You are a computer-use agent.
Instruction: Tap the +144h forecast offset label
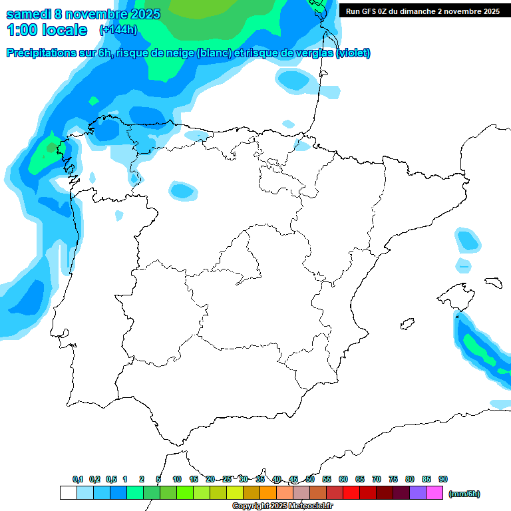[x=118, y=30]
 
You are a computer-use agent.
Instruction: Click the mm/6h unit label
[x=464, y=494]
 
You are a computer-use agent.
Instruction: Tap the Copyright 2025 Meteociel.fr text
[x=282, y=506]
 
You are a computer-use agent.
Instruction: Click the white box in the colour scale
[x=68, y=493]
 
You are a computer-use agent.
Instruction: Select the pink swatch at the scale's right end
[x=434, y=493]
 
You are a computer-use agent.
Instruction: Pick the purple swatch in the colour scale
[x=418, y=493]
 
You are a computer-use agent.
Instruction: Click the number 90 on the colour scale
[x=443, y=479]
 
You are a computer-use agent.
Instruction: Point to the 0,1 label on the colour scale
[x=78, y=479]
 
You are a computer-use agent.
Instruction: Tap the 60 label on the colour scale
[x=343, y=479]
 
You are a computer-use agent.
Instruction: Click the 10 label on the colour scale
[x=176, y=479]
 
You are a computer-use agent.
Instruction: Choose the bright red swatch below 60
[x=351, y=493]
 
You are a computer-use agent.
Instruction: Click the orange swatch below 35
[x=268, y=493]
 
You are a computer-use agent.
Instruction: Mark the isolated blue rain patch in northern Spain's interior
[x=182, y=191]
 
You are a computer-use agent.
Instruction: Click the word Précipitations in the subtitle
[x=39, y=53]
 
